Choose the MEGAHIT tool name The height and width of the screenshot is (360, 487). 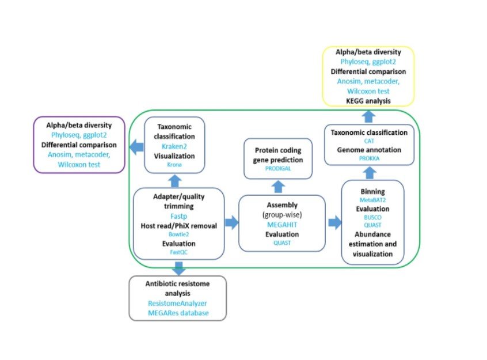coord(282,224)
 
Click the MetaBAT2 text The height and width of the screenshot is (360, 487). coord(372,199)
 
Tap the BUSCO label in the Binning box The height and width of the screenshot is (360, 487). coord(372,218)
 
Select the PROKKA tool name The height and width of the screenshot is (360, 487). coord(368,157)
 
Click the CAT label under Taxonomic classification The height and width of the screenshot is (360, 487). coord(368,141)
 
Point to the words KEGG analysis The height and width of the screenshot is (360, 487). coord(368,101)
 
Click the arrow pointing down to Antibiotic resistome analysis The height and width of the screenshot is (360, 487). coord(178,268)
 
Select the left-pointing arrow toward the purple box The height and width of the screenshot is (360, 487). coord(136,147)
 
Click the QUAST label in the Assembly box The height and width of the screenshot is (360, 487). coord(282,243)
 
